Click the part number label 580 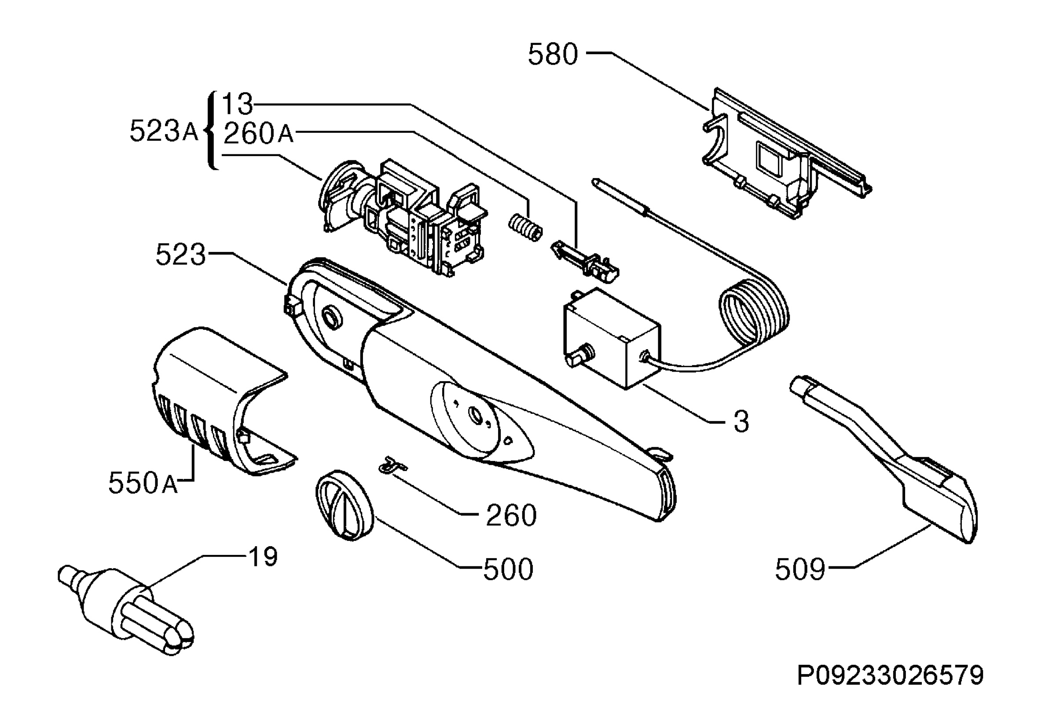553,55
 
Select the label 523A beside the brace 164,131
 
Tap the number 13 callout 237,104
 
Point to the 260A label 258,133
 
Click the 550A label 143,483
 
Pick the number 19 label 263,556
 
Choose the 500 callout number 509,569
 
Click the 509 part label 800,569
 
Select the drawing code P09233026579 890,675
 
